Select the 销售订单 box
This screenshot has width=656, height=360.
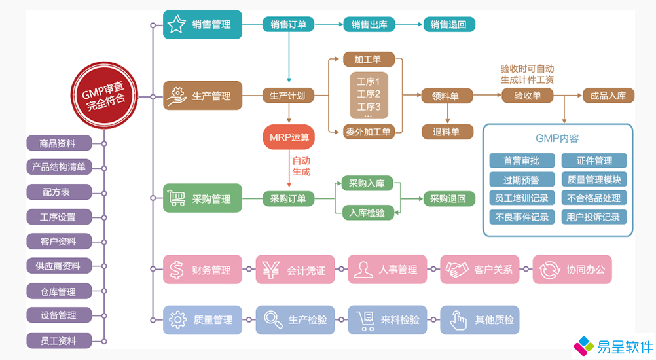(x=288, y=25)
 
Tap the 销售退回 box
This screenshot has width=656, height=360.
(x=448, y=25)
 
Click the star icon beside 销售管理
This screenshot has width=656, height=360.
(x=176, y=25)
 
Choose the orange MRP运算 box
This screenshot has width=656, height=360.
(x=288, y=138)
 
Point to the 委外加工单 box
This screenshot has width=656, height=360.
(x=368, y=132)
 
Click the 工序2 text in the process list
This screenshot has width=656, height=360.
(x=369, y=94)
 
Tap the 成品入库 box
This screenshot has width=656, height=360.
(x=608, y=96)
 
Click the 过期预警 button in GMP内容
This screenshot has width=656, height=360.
(x=522, y=179)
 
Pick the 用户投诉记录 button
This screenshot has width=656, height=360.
(x=594, y=217)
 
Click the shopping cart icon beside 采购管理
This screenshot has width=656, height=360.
(x=176, y=198)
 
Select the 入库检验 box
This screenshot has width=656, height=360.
(x=368, y=212)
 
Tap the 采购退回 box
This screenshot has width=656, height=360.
(x=448, y=198)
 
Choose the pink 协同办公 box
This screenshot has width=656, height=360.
(x=572, y=269)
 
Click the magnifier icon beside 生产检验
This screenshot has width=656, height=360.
(x=270, y=319)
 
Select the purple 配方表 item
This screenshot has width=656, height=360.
(x=57, y=192)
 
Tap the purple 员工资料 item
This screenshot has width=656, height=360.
(x=58, y=340)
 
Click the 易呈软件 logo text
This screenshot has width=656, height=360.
(x=625, y=347)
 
